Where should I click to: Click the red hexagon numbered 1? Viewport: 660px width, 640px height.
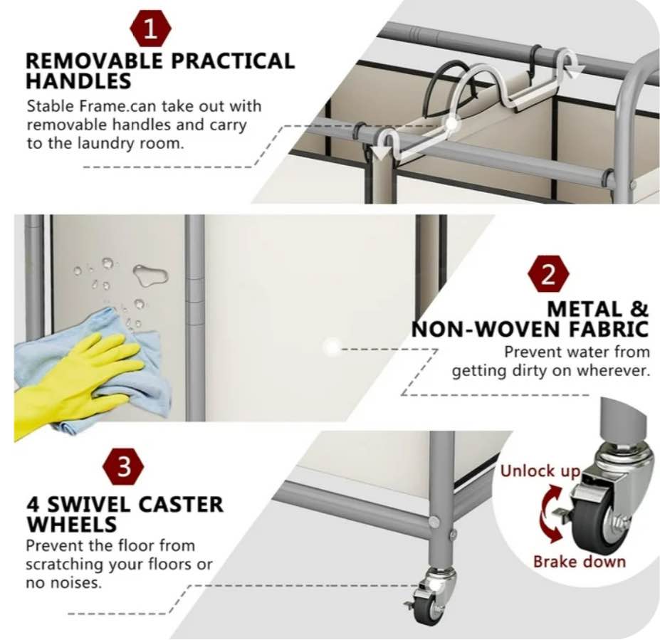click(x=151, y=29)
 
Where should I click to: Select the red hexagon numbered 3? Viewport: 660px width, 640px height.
click(x=123, y=466)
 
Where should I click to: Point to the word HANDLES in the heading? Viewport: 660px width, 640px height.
click(x=78, y=80)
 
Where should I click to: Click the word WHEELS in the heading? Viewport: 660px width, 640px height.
click(x=72, y=524)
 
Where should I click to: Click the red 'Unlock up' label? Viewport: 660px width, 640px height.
click(x=540, y=471)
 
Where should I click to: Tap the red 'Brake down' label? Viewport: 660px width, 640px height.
click(x=579, y=561)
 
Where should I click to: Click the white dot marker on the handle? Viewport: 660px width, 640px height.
click(x=451, y=125)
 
